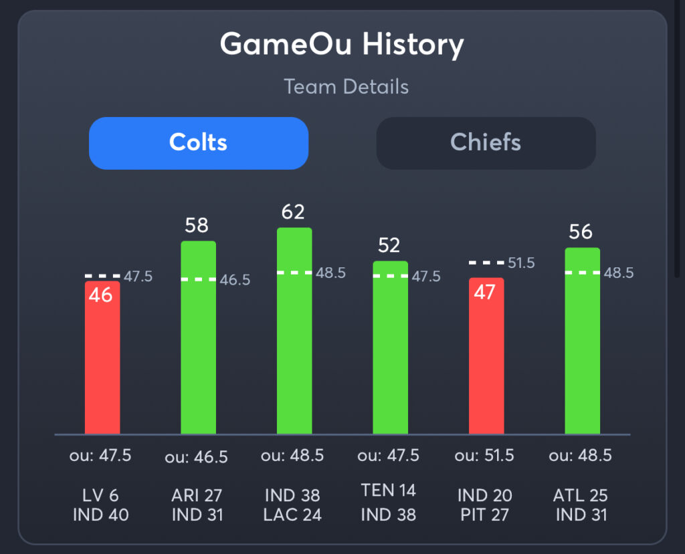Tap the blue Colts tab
[x=198, y=143]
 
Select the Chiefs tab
[x=486, y=143]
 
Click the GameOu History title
[x=342, y=45]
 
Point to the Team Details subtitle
[x=346, y=87]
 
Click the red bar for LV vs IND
[x=102, y=361]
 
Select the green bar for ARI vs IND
[x=198, y=341]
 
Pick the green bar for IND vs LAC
[x=294, y=334]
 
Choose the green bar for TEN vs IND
[x=390, y=351]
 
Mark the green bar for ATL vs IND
[x=582, y=344]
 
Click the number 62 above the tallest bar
[x=293, y=212]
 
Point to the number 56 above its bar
[x=581, y=232]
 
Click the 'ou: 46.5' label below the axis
[x=196, y=457]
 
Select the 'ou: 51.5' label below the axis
[x=484, y=456]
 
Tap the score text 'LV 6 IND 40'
[x=100, y=505]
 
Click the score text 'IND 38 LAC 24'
[x=293, y=505]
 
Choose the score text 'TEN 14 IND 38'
[x=389, y=502]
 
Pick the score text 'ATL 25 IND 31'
[x=581, y=505]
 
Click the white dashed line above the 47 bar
[x=486, y=263]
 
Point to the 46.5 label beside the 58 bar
[x=235, y=280]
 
